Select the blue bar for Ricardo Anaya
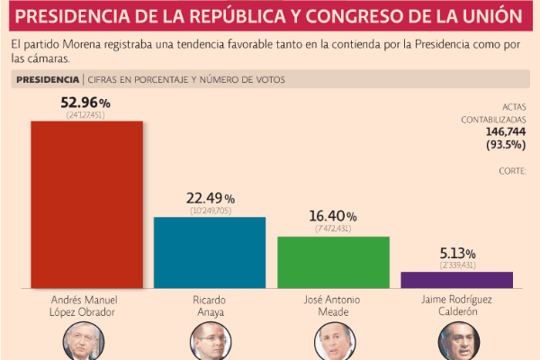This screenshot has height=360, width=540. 210,252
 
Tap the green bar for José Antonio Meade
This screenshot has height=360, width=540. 333,262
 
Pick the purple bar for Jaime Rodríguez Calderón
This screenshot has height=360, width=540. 456,280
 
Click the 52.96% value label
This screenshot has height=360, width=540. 86,105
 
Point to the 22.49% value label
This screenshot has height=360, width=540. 210,199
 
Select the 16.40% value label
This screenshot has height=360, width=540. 332,218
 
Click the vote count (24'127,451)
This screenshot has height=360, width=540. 86,116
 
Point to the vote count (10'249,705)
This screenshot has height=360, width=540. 210,211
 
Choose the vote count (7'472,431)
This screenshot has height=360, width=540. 333,229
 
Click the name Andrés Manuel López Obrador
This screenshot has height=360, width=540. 86,306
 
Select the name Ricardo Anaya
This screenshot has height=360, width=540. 210,306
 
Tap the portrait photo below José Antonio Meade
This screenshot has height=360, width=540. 333,342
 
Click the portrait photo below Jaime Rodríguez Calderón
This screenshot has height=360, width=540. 456,342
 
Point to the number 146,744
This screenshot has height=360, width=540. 505,131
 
